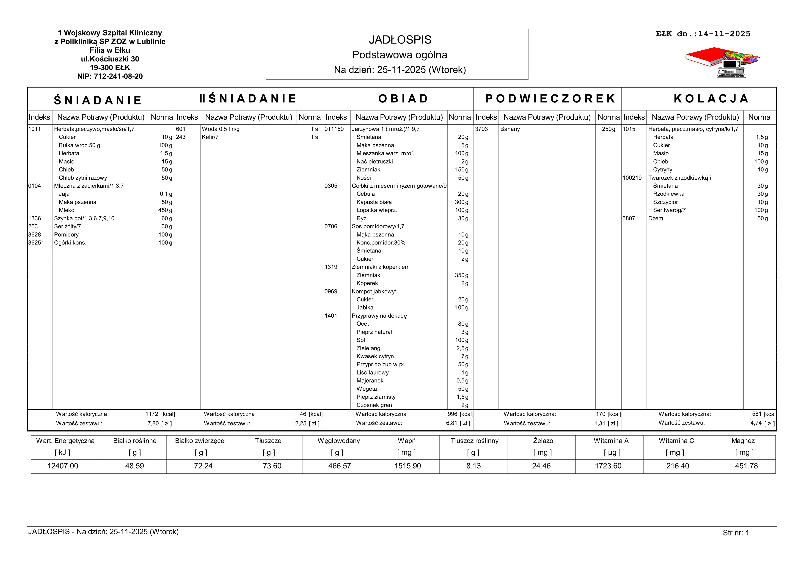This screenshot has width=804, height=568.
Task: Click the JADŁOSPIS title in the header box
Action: coord(400,40)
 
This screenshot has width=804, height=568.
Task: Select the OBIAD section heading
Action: coord(403,99)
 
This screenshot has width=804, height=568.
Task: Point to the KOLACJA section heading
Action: coord(711,99)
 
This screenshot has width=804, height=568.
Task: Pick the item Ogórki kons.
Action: coord(70,243)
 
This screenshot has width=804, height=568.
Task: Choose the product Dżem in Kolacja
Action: coord(655,218)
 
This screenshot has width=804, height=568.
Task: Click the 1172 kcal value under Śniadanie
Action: coord(152,414)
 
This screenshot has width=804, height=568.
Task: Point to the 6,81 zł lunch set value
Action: coord(452,423)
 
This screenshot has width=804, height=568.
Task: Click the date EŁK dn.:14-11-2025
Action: coord(703,34)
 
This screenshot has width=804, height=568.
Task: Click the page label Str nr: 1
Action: coord(736,533)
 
